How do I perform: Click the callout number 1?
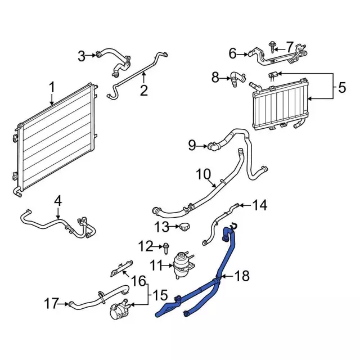click(x=52, y=88)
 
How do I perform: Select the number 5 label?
click(x=342, y=88)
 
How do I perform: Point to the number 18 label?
click(x=241, y=276)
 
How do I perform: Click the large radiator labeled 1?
click(x=53, y=141)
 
